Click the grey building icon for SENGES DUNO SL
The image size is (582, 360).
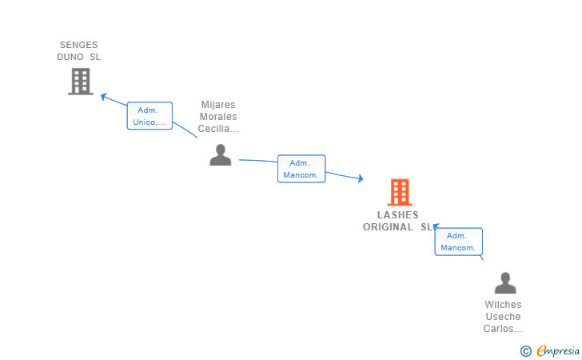81,82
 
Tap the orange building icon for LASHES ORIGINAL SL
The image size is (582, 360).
400,193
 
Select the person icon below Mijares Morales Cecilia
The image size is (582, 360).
221,155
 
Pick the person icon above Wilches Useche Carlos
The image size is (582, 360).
505,283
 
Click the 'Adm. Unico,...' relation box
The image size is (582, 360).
149,116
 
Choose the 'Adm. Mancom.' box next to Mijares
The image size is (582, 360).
301,169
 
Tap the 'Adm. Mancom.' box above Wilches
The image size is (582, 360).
458,242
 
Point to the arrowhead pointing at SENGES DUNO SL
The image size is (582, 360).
104,97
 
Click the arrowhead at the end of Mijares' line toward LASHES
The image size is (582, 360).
361,178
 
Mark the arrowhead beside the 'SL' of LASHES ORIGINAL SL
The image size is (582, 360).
436,226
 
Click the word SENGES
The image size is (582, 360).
78,45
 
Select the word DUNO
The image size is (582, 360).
70,57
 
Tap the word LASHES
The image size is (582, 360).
398,215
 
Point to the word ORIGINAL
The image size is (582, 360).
388,227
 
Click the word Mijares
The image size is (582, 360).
218,105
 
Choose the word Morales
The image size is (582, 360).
218,117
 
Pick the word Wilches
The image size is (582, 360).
503,305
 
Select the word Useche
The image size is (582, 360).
503,317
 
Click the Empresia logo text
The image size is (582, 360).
558,350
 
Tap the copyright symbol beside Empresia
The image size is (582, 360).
526,351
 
